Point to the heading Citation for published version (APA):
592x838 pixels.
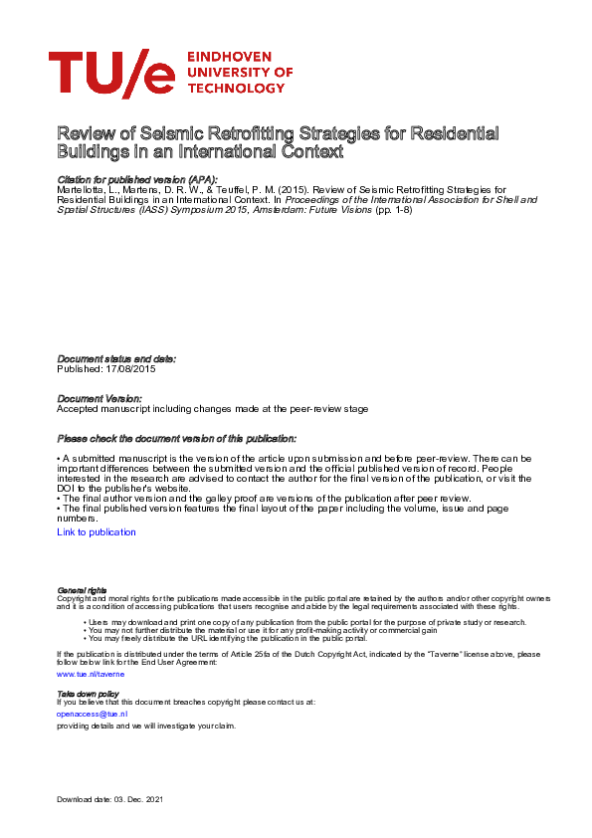click(x=136, y=179)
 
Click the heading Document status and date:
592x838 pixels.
click(x=116, y=358)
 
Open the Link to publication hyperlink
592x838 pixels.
click(x=97, y=532)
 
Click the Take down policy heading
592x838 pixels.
click(x=88, y=693)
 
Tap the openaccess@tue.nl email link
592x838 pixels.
click(x=93, y=714)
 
